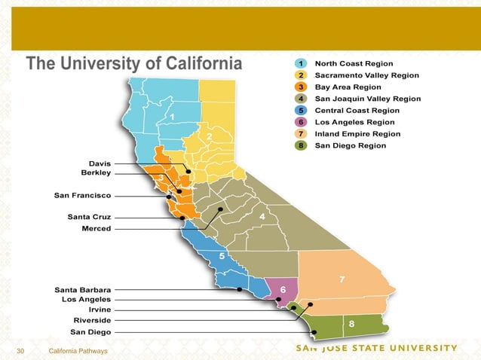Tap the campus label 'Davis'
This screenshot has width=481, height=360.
click(100, 163)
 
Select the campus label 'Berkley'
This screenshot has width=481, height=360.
click(96, 173)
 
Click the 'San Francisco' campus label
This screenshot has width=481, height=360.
click(83, 196)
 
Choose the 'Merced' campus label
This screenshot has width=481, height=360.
click(96, 228)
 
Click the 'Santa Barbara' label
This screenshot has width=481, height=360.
click(83, 289)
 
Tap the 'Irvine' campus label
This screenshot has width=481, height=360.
click(100, 310)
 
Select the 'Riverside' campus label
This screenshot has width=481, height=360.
click(92, 320)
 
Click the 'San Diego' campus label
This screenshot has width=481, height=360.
click(90, 331)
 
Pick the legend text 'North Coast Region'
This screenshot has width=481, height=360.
click(353, 64)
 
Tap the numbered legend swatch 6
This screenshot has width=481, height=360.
click(301, 122)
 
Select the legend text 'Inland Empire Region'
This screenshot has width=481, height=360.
click(357, 133)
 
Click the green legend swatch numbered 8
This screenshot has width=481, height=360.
click(301, 145)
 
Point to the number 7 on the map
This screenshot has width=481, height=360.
click(342, 280)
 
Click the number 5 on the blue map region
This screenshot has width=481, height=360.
click(221, 256)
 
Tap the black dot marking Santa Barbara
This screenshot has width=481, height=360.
click(239, 289)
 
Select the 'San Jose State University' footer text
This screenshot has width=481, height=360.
click(375, 348)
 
